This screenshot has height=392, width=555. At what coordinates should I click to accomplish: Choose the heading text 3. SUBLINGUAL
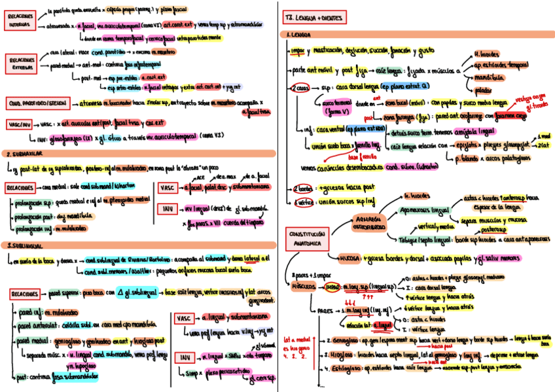point(24,245)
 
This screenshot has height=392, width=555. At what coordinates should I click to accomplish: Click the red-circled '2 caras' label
point(300,87)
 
